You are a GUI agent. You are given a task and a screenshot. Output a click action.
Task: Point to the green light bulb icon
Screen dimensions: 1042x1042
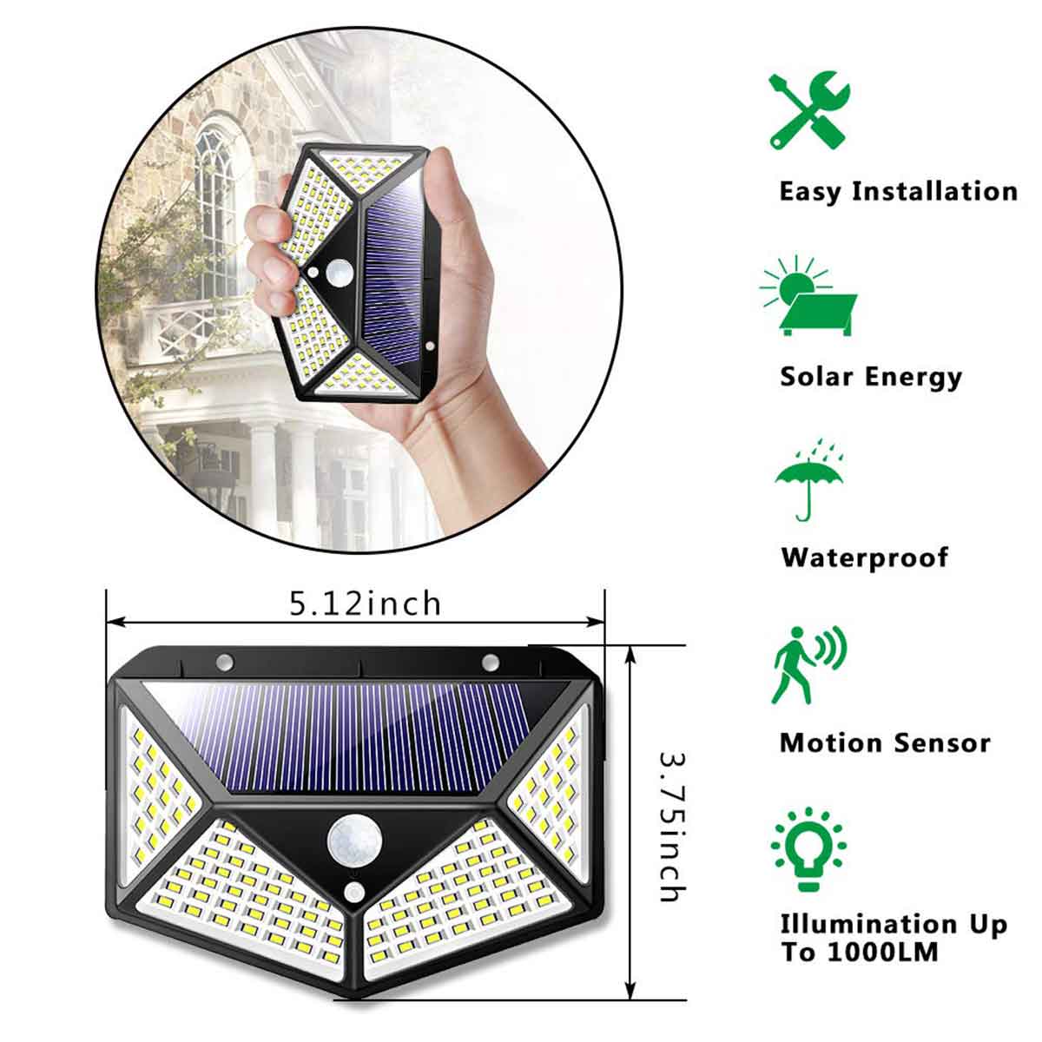[808, 850]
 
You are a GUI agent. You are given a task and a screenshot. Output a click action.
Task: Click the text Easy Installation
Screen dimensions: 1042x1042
[897, 191]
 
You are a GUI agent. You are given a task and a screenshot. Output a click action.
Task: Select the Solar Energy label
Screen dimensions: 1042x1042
[871, 377]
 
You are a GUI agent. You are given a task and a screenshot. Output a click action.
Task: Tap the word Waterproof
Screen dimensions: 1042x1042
[864, 557]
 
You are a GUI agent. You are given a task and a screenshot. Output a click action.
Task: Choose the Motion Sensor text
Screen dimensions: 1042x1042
[884, 743]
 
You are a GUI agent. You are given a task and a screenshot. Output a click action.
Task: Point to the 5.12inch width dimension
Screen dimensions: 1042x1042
[365, 603]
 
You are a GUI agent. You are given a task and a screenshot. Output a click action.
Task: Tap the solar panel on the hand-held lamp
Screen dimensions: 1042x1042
[395, 265]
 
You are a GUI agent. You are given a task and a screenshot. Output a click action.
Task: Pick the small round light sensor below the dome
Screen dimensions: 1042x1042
[353, 891]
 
